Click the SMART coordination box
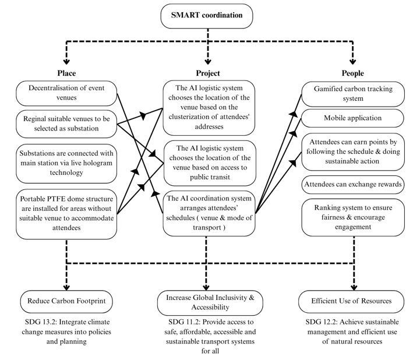207,16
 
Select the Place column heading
66,73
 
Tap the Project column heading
208,73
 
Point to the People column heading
352,73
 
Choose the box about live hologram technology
66,163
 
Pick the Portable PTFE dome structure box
66,211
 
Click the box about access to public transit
209,163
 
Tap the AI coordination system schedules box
209,213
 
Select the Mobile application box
353,118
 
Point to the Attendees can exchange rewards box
353,185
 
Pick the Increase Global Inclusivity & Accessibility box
208,302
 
